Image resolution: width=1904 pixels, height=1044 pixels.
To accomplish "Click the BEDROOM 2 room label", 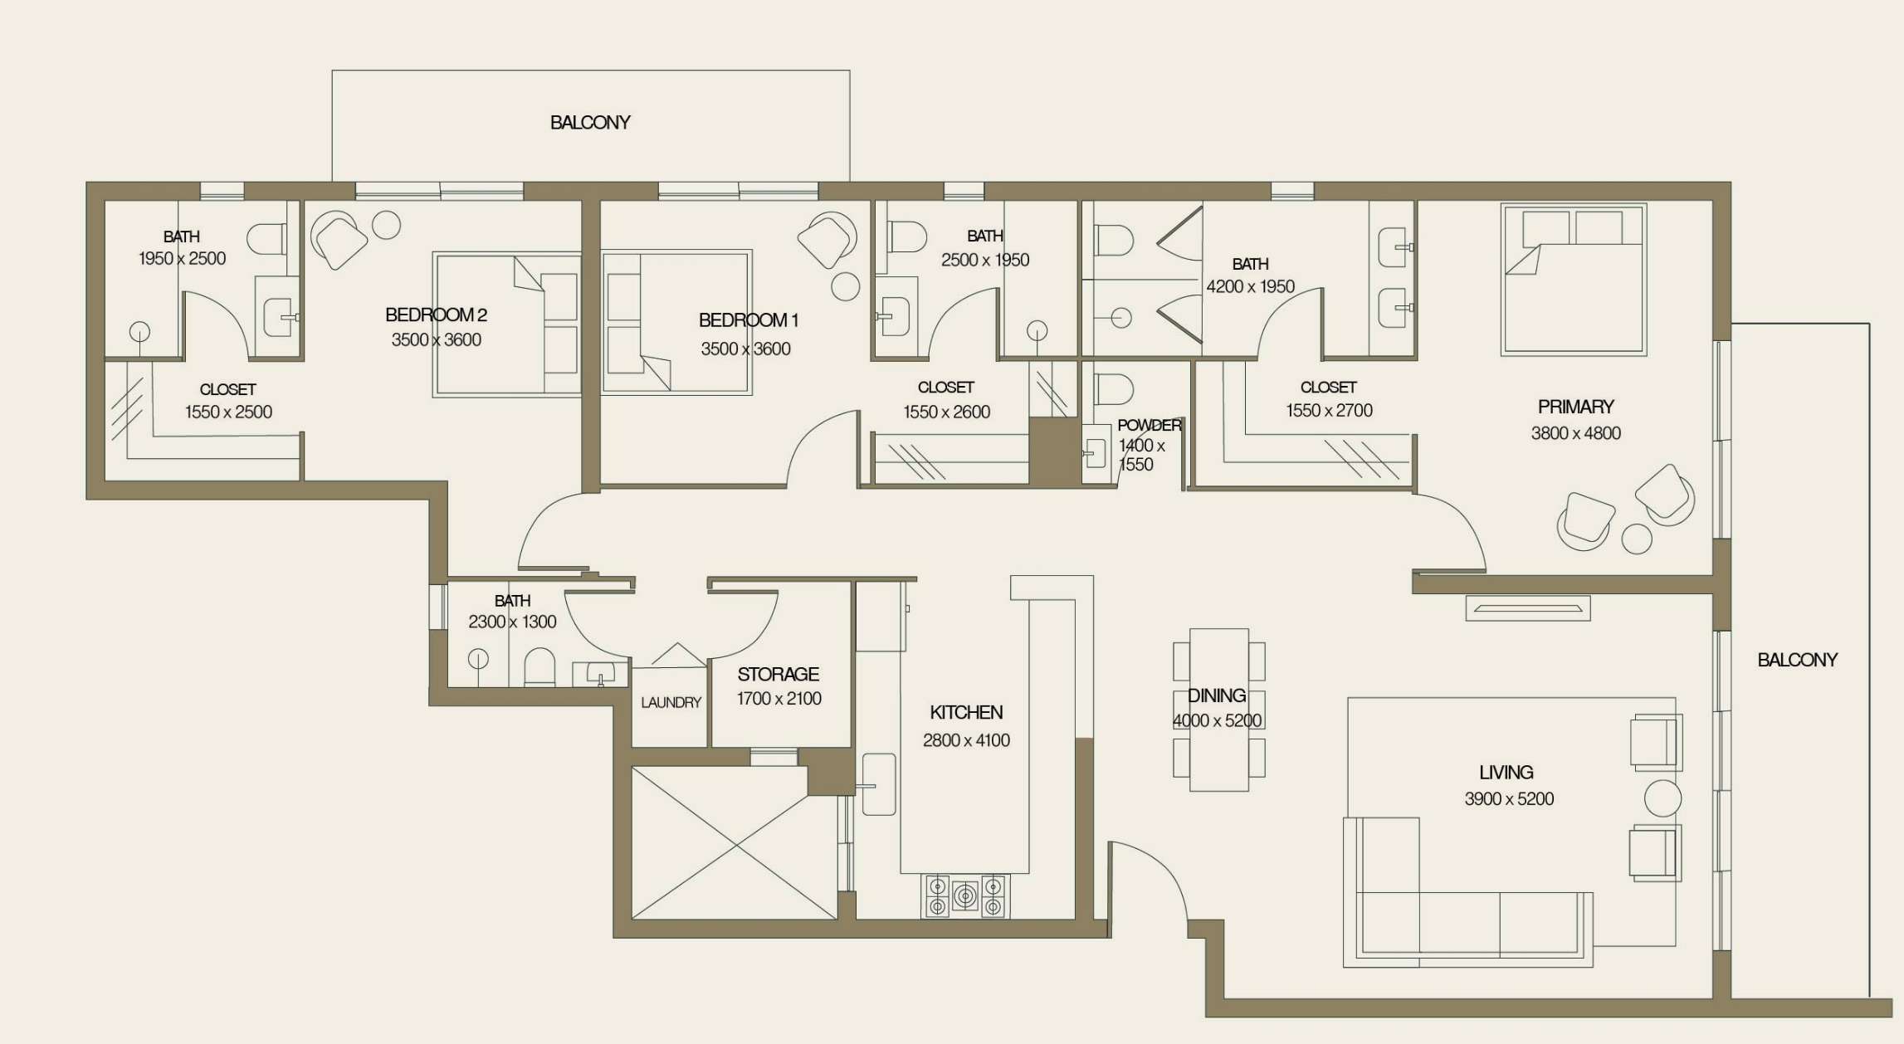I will (436, 315).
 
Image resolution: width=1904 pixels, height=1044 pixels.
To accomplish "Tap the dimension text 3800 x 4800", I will (1575, 433).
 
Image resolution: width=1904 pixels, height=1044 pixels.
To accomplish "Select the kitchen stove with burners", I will (964, 896).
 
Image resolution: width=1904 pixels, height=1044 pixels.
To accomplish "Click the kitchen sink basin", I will (879, 784).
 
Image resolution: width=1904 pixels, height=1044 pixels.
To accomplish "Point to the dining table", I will (1218, 710).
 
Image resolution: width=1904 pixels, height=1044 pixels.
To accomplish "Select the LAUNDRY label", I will (671, 703).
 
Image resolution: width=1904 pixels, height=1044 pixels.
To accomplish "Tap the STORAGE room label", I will (778, 674).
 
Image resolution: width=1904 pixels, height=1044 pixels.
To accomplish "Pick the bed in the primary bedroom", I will (1573, 281).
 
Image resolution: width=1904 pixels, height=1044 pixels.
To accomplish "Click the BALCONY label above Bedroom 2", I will (590, 123).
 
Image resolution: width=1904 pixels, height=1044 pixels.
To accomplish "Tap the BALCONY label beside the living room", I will (1797, 660).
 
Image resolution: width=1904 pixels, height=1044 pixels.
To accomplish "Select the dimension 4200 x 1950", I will (1250, 287).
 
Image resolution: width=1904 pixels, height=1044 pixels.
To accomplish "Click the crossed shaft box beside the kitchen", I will (734, 842).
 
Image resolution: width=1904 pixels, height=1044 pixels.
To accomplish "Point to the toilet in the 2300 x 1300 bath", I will (539, 669).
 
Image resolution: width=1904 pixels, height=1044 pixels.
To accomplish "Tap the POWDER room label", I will (1149, 425).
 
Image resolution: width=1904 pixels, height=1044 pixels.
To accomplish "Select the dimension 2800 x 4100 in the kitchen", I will (966, 740).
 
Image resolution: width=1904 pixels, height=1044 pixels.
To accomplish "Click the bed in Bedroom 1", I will (676, 322).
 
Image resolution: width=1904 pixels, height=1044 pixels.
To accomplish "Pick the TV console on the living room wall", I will (1527, 608).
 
